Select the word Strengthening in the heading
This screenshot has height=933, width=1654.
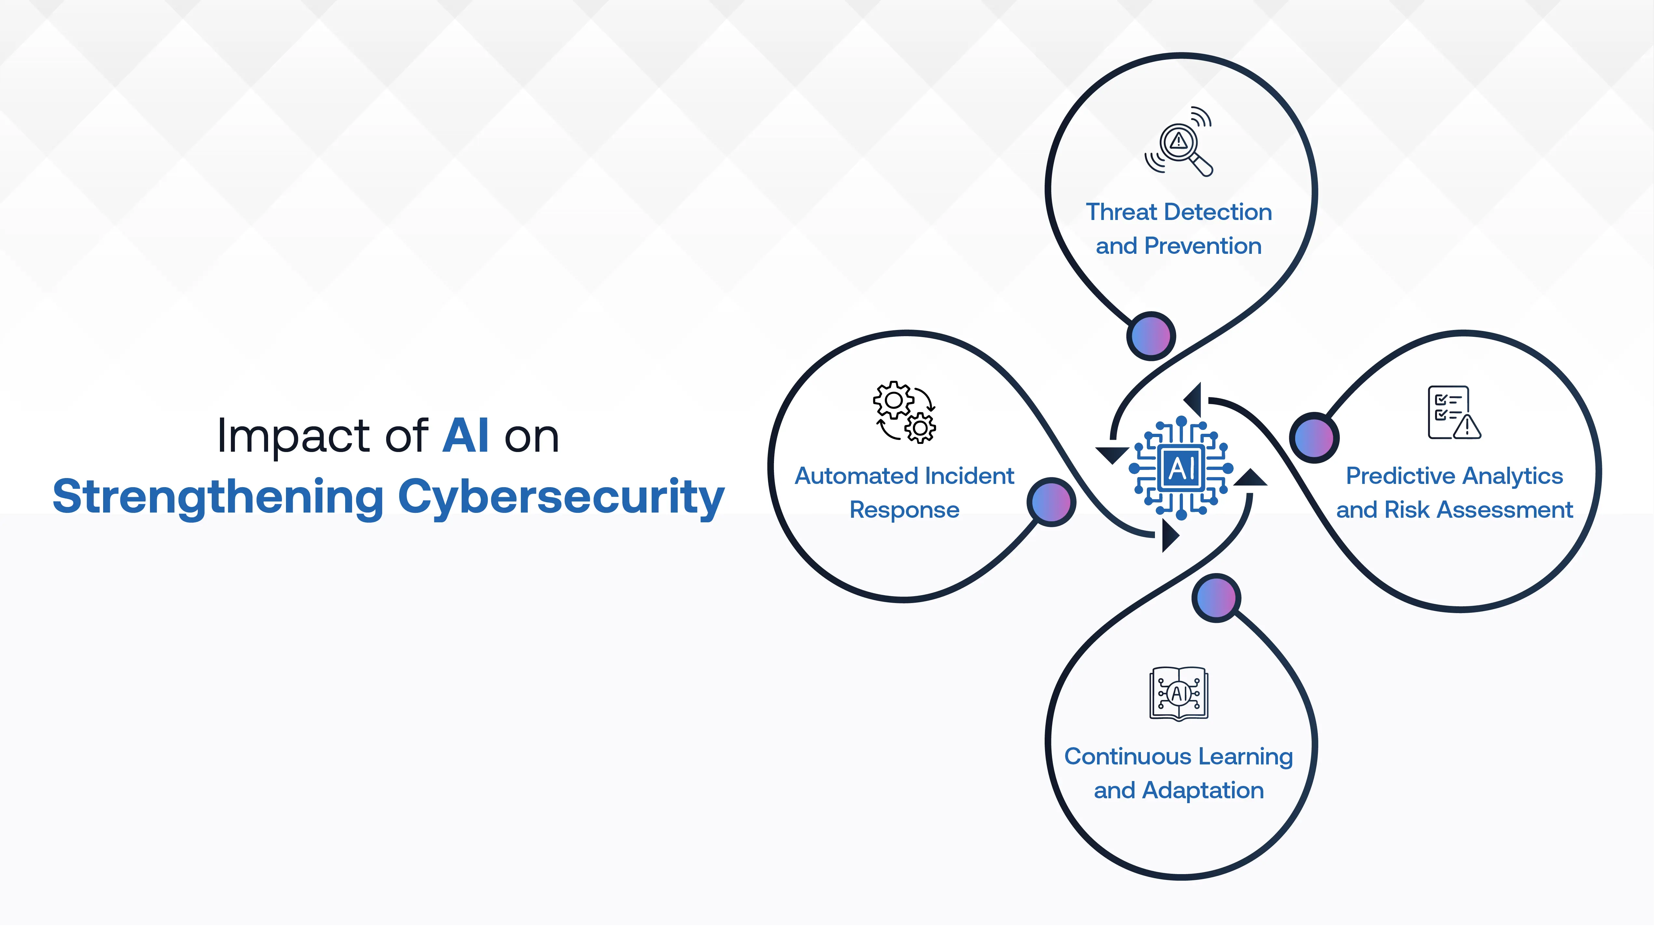218,498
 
